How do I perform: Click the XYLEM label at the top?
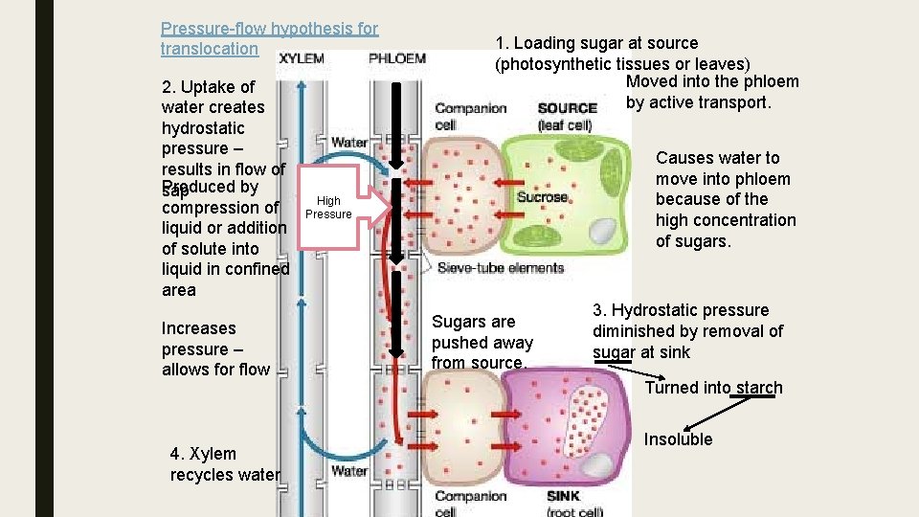[x=302, y=58]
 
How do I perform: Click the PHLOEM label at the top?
[x=397, y=58]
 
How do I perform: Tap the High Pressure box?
[x=328, y=207]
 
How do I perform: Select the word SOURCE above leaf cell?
[x=568, y=108]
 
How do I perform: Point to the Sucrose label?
[x=542, y=197]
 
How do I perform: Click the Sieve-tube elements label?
[x=500, y=269]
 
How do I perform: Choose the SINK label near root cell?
[x=563, y=496]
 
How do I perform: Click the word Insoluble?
[x=678, y=439]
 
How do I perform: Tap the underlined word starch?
[x=759, y=388]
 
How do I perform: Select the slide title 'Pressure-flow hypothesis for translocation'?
[x=269, y=39]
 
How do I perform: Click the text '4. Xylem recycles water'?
[x=224, y=464]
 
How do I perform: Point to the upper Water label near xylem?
[x=349, y=143]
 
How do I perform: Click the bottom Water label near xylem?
[x=349, y=470]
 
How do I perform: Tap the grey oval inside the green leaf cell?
[x=603, y=231]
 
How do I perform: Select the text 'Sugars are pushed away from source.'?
[x=482, y=342]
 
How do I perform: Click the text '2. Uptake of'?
[x=207, y=87]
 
